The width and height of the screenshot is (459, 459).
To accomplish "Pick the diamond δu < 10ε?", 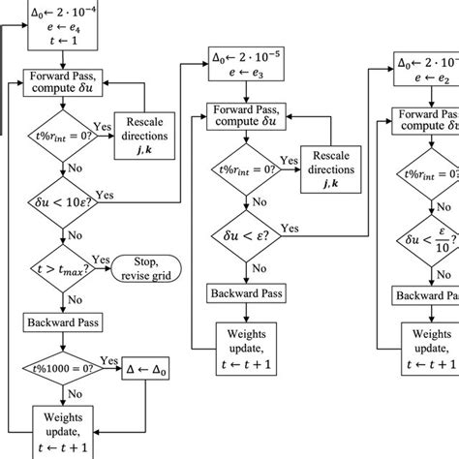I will point(63,206).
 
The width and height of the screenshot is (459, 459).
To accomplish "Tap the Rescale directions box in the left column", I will point(145,141).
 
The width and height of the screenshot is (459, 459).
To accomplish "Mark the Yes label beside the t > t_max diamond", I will point(100,260).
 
